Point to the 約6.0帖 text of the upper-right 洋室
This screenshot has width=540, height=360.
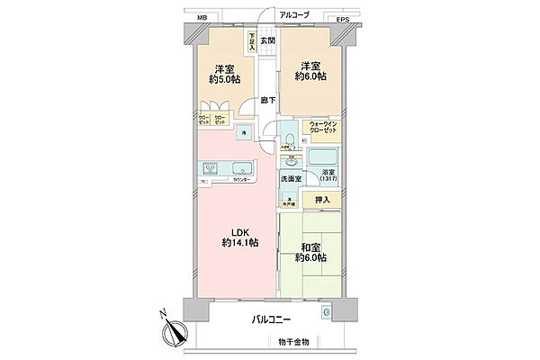[310, 76]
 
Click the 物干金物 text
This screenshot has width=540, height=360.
[293, 342]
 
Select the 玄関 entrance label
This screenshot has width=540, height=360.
[267, 40]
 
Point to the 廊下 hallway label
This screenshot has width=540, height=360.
[267, 100]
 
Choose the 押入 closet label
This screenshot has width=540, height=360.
[322, 200]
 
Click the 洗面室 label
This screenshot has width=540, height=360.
[292, 180]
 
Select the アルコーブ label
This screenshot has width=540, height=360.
[293, 15]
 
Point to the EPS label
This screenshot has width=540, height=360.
[343, 19]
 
